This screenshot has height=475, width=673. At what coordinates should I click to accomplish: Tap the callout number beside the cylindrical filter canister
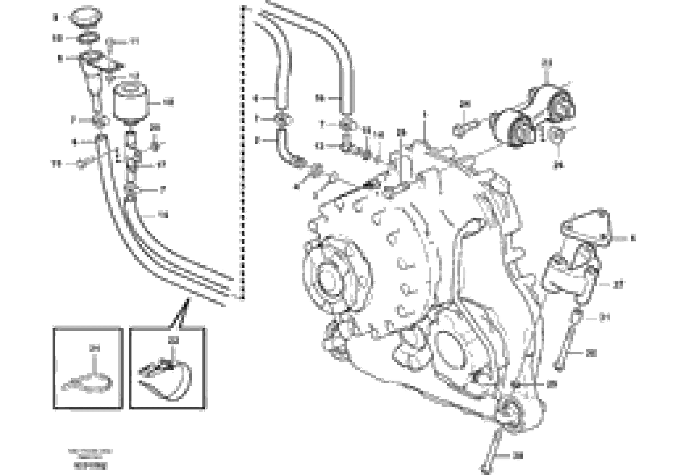tap(168, 102)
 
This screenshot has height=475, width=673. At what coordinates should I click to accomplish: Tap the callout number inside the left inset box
tap(95, 349)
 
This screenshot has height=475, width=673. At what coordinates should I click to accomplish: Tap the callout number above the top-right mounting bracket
tap(547, 63)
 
